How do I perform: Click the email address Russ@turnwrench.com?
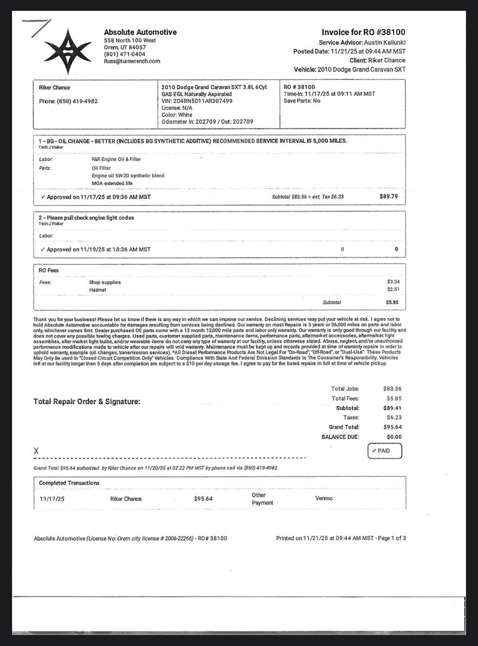[132, 61]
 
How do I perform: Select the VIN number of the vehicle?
[197, 101]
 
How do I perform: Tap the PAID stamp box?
[384, 451]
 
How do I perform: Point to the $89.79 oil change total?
[389, 197]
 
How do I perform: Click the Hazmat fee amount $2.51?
[392, 289]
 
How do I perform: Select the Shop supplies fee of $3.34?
[392, 281]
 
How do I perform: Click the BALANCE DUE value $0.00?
[393, 437]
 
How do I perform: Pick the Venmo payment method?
[324, 498]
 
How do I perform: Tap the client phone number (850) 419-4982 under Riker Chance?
[68, 101]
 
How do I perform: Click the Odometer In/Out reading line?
[207, 122]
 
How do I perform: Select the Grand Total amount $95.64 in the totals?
[392, 427]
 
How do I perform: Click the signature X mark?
[36, 450]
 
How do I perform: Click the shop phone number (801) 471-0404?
[124, 54]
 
